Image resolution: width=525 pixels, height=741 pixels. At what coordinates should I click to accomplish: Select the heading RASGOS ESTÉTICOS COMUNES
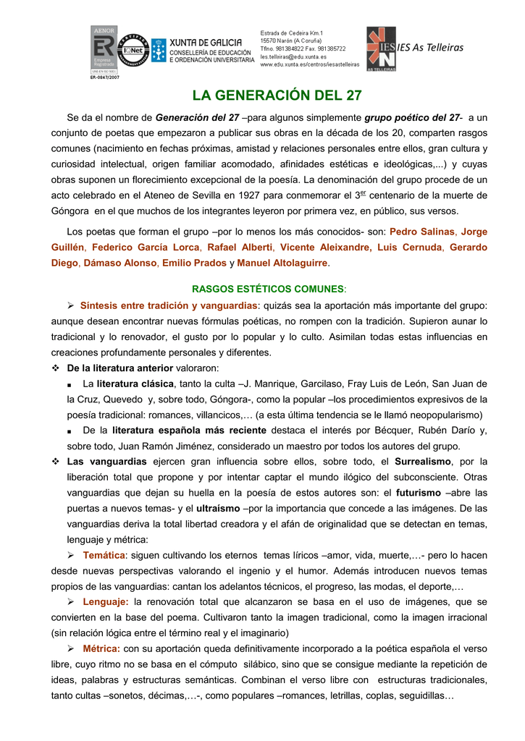269,289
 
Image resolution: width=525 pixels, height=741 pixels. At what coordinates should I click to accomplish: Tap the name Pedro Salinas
422,232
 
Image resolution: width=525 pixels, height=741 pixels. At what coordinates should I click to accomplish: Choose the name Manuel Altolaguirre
282,263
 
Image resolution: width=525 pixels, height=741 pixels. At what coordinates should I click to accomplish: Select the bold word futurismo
418,492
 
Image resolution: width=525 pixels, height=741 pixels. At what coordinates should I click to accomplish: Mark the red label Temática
104,555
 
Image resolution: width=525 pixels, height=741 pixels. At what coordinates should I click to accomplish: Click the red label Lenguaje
106,601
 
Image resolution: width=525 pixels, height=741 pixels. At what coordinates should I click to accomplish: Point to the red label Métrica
101,648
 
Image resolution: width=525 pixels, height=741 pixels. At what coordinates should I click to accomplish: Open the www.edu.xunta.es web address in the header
309,64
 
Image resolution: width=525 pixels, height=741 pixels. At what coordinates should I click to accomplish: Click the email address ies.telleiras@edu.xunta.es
293,56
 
